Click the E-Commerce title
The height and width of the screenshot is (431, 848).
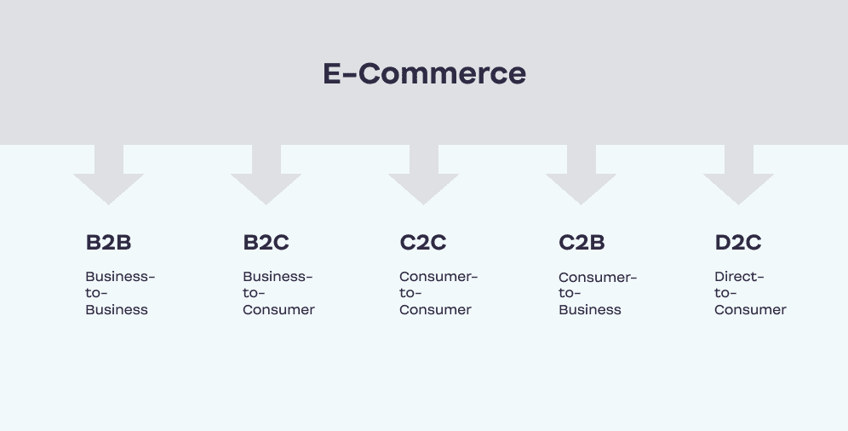(425, 73)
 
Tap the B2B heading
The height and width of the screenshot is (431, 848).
(108, 242)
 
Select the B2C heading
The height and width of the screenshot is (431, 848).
(266, 242)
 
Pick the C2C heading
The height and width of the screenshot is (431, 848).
(423, 242)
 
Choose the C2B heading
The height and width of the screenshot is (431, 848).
(582, 242)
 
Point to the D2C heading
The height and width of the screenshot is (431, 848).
(738, 242)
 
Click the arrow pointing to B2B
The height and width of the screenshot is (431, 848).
(109, 175)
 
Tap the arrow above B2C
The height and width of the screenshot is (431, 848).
(266, 175)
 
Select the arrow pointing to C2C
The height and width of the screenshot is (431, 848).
(423, 175)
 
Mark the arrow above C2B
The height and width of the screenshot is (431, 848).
(582, 175)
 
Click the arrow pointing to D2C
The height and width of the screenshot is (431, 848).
(739, 175)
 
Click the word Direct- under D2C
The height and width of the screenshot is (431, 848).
(739, 276)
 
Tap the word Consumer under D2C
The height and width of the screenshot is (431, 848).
(750, 310)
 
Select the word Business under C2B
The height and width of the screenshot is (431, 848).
(590, 310)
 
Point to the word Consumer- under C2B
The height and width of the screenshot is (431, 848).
(599, 278)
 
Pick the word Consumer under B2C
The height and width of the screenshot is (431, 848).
(278, 310)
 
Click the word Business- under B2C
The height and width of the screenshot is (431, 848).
(278, 276)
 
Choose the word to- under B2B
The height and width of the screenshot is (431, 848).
(96, 293)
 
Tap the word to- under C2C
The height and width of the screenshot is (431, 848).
(410, 293)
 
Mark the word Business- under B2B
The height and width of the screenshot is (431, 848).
(121, 276)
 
